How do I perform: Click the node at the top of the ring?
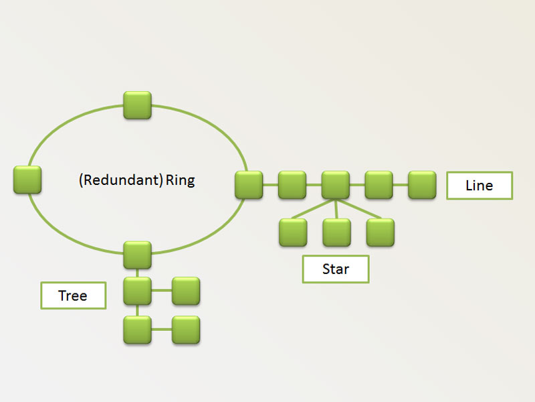pyautogui.click(x=138, y=106)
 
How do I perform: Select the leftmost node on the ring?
pyautogui.click(x=27, y=180)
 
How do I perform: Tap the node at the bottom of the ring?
pyautogui.click(x=138, y=255)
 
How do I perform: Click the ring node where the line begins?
pyautogui.click(x=249, y=185)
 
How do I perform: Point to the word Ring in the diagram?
pyautogui.click(x=181, y=180)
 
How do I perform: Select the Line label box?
pyautogui.click(x=479, y=186)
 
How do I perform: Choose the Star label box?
pyautogui.click(x=336, y=269)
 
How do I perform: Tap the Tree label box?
pyautogui.click(x=73, y=295)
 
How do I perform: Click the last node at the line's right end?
pyautogui.click(x=422, y=185)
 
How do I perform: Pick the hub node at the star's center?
pyautogui.click(x=336, y=185)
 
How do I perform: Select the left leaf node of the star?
pyautogui.click(x=293, y=232)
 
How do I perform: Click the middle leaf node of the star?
pyautogui.click(x=336, y=232)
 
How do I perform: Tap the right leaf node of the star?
pyautogui.click(x=380, y=232)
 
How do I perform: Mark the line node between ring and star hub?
pyautogui.click(x=292, y=185)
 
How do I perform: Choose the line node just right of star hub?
pyautogui.click(x=379, y=185)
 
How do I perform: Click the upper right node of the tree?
pyautogui.click(x=186, y=291)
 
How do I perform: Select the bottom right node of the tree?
pyautogui.click(x=186, y=330)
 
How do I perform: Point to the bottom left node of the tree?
pyautogui.click(x=138, y=330)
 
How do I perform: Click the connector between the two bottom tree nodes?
pyautogui.click(x=162, y=330)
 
